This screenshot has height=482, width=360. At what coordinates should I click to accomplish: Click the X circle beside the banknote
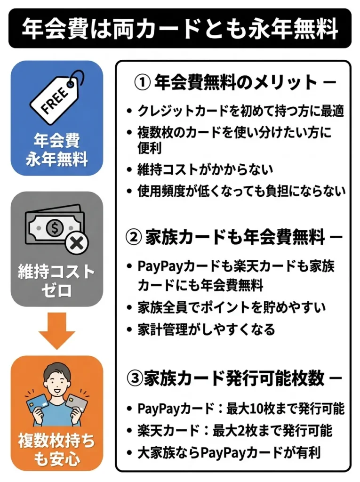(77, 244)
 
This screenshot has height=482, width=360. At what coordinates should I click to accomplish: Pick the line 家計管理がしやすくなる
(206, 329)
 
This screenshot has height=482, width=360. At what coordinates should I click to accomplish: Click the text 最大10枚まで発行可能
(286, 409)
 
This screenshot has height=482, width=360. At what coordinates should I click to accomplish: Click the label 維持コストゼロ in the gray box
(56, 281)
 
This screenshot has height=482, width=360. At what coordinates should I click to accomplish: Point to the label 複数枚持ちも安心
(56, 450)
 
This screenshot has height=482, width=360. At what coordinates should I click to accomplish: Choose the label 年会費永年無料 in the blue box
(56, 150)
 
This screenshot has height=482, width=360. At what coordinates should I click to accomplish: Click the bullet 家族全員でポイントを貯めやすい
(232, 308)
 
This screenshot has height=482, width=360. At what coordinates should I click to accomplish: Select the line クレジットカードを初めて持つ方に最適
(241, 111)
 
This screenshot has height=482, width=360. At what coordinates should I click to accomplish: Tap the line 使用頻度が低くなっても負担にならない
(241, 191)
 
